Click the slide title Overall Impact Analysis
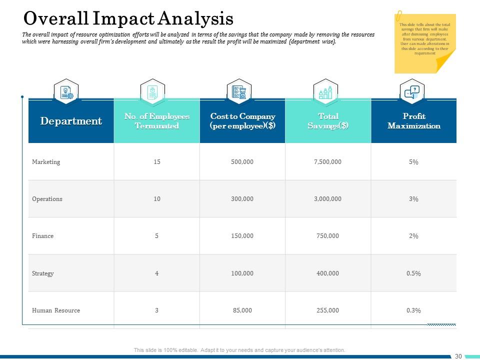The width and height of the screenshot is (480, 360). (x=128, y=18)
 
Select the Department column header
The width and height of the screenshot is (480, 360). (x=71, y=121)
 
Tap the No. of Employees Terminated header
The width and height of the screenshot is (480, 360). (x=157, y=121)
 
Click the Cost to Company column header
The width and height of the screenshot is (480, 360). (x=242, y=121)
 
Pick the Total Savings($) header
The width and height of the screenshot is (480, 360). (x=328, y=121)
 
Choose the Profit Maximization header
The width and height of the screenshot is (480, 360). (x=413, y=121)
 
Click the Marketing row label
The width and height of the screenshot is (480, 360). (x=46, y=162)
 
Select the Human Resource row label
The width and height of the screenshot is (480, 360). (x=56, y=310)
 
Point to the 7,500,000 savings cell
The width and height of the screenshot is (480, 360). (x=328, y=162)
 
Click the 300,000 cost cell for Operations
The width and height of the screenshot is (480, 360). (x=242, y=199)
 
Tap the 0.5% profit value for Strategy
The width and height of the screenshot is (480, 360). (x=413, y=273)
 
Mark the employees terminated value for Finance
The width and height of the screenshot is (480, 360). (x=157, y=236)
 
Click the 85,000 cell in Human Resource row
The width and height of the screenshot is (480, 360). (x=242, y=310)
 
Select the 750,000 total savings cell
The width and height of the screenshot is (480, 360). (x=328, y=236)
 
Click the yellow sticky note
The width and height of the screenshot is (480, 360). (x=424, y=43)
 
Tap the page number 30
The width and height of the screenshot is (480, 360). (x=458, y=356)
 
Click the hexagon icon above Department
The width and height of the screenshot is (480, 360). (x=66, y=92)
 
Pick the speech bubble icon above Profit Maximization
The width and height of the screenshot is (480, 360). (x=412, y=92)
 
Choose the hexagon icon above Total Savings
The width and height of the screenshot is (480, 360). (x=325, y=92)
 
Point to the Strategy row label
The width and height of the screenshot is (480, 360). (x=43, y=273)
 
